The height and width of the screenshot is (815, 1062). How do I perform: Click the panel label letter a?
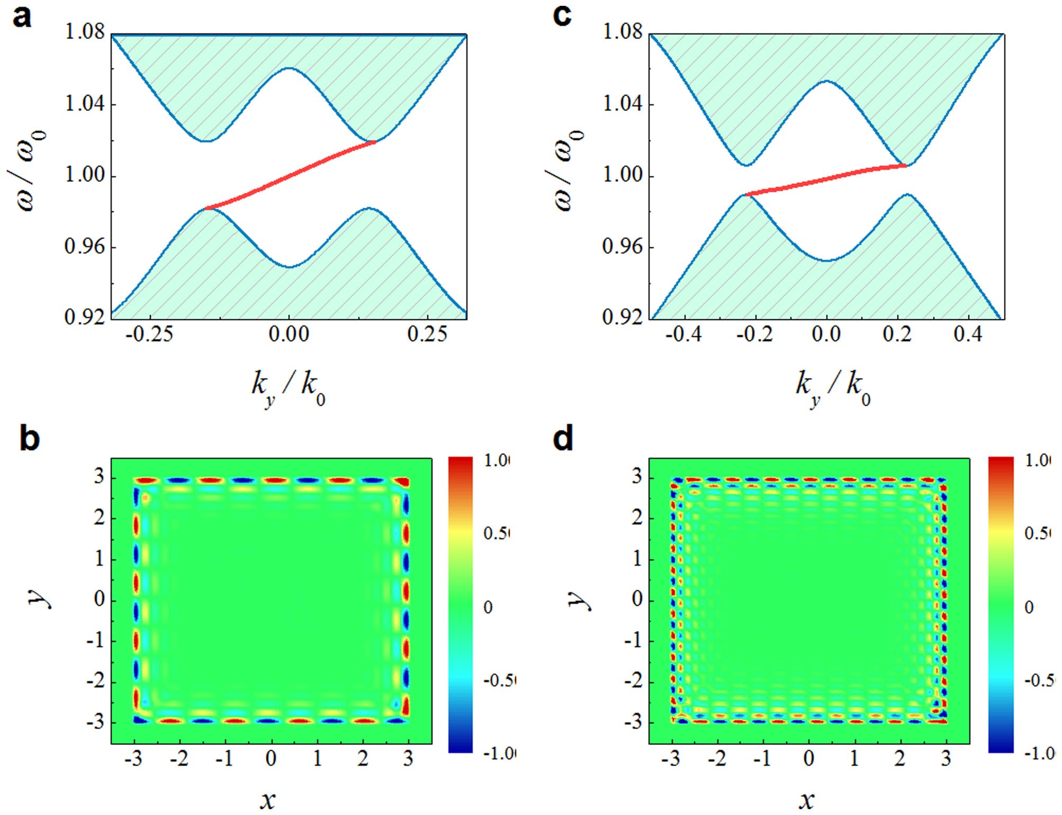[22, 17]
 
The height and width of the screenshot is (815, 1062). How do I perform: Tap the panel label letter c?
[562, 16]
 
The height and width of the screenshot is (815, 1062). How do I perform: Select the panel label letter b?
[29, 439]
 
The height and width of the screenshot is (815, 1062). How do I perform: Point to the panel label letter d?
[563, 439]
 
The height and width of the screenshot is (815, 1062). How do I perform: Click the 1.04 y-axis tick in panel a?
[85, 104]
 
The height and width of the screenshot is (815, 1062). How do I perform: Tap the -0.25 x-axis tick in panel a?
[149, 334]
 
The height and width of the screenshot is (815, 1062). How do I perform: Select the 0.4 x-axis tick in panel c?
[968, 334]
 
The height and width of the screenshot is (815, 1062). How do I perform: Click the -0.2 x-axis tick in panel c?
[754, 334]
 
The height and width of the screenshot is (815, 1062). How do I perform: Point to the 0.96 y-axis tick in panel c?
[623, 247]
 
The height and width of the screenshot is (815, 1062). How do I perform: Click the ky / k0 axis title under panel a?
[289, 388]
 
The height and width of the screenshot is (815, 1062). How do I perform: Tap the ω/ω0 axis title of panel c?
[568, 170]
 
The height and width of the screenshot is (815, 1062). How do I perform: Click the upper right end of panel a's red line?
[375, 141]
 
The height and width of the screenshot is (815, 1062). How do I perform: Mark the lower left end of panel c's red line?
[746, 195]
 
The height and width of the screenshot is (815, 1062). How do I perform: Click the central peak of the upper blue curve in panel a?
[289, 68]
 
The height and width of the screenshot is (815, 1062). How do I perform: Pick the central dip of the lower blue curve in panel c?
[827, 260]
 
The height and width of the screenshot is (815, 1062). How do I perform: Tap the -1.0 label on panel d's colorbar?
[1038, 753]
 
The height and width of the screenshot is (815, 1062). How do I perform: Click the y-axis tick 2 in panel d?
[637, 518]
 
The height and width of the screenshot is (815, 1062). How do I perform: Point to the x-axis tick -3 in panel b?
[134, 759]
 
